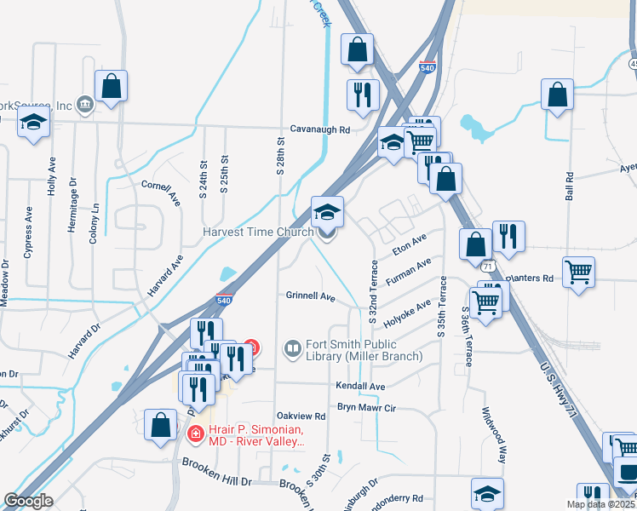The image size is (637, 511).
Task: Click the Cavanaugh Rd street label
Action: point(320,130)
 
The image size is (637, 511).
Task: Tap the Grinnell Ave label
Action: point(311,296)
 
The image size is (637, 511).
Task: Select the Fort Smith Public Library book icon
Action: point(293,349)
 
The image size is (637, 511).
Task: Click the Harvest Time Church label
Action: point(259,232)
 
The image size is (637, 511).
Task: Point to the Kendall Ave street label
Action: point(362,387)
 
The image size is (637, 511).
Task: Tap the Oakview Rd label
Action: point(301,416)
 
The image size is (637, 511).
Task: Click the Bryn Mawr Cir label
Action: point(367,408)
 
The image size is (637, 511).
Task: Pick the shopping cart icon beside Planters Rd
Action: point(578,273)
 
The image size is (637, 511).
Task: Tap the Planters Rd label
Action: point(530,278)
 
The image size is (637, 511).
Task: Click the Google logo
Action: point(29,501)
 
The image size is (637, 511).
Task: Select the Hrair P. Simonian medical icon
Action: point(195,433)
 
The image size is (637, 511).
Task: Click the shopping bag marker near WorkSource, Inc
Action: point(111,86)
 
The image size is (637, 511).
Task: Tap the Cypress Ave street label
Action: point(30,232)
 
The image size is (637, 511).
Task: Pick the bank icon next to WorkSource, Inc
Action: point(85,104)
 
